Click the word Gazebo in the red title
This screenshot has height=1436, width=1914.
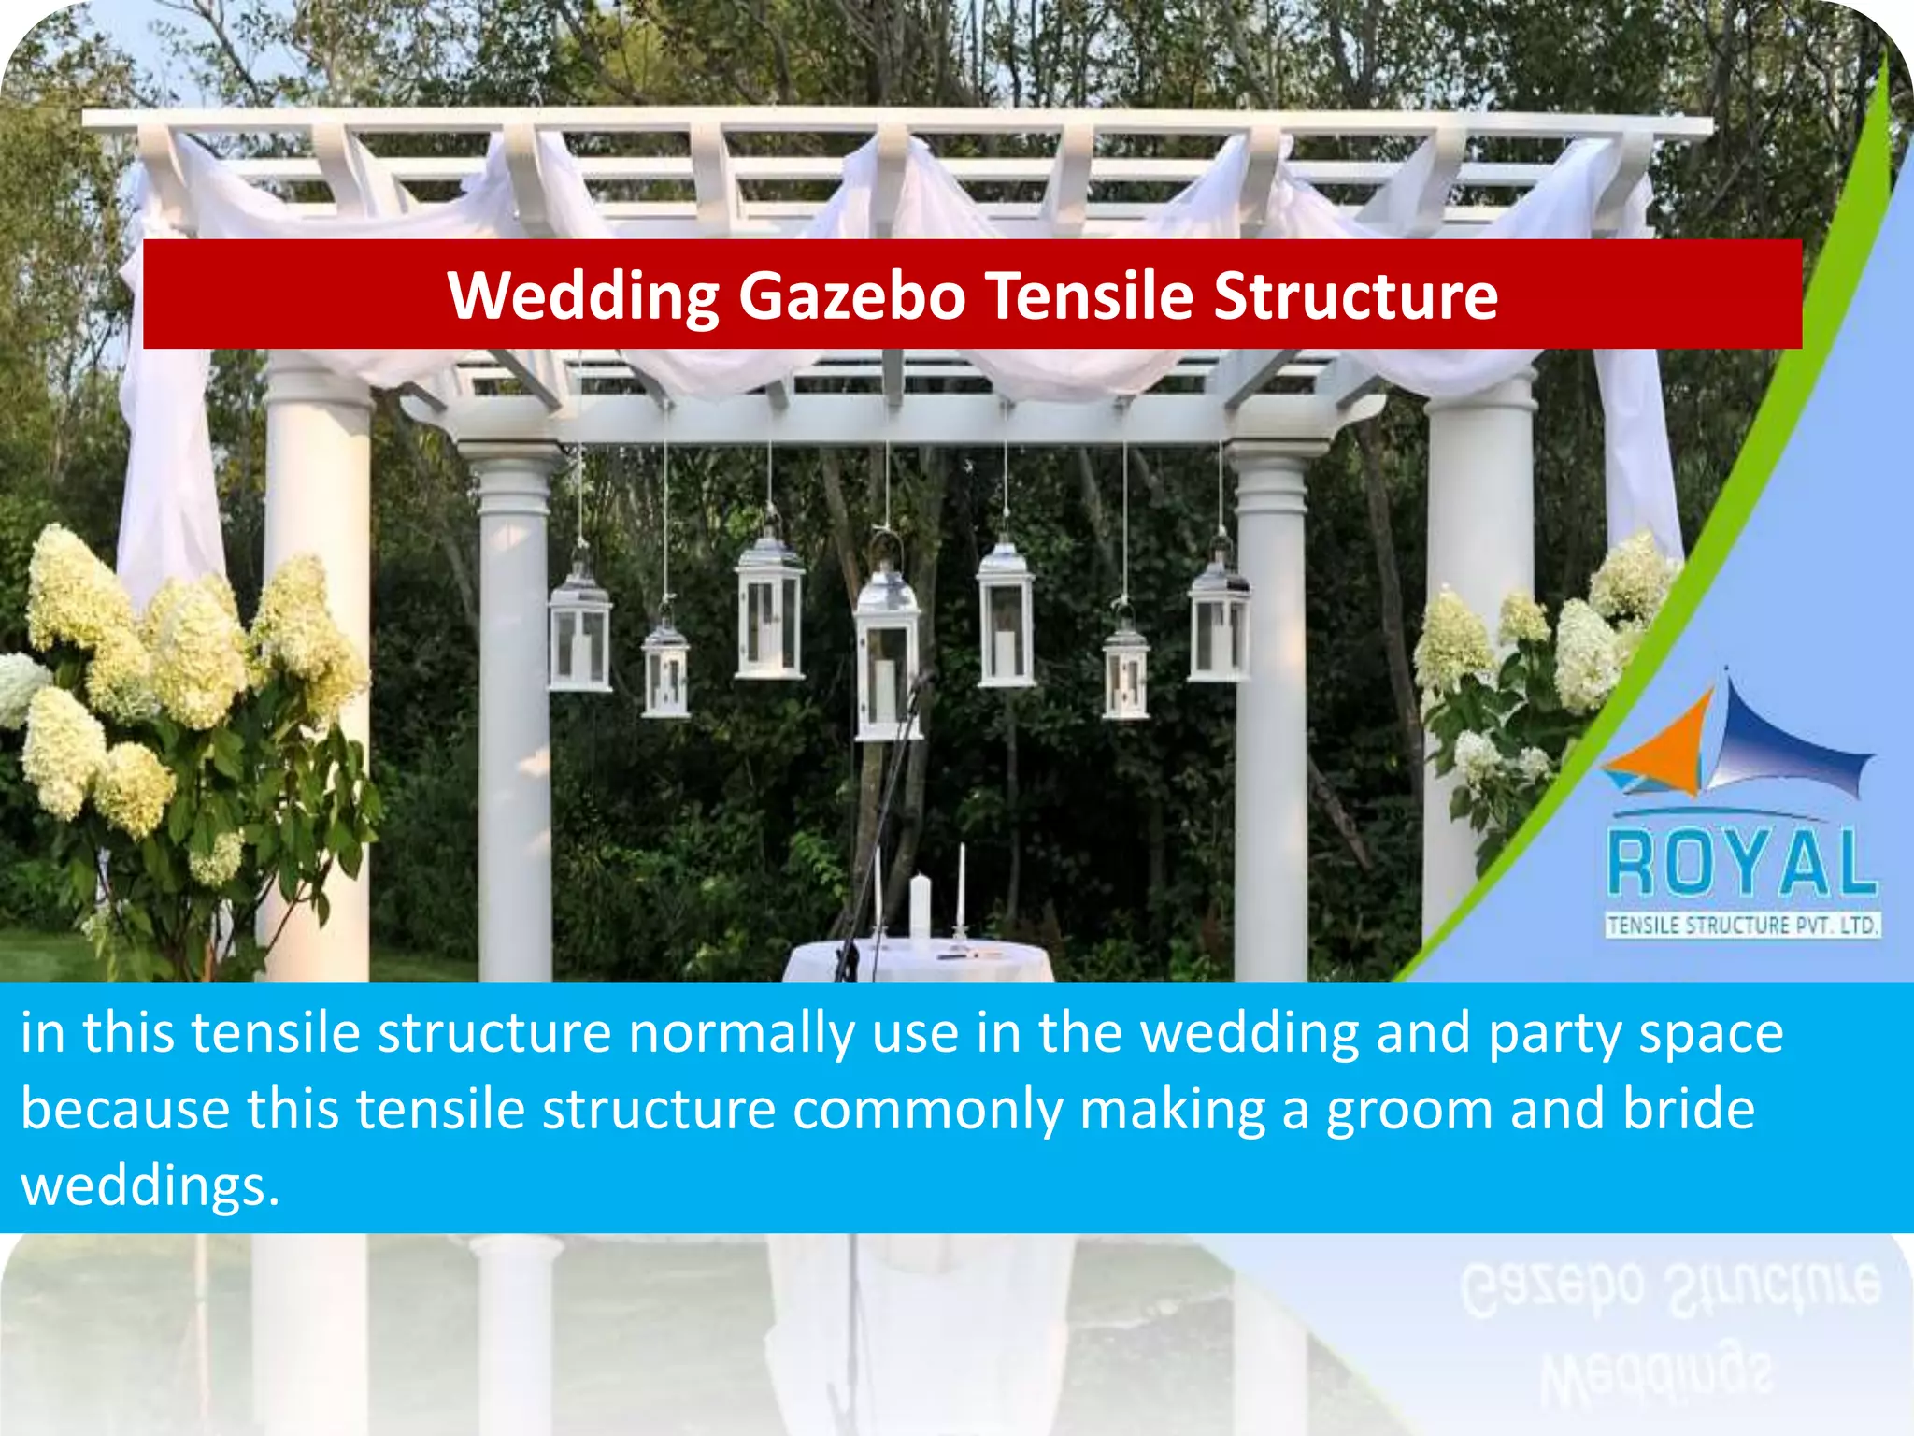(x=851, y=295)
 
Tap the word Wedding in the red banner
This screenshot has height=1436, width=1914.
(x=582, y=295)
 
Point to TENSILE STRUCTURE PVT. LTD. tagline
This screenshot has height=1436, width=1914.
(x=1742, y=926)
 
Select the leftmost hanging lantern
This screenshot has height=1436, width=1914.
(x=579, y=636)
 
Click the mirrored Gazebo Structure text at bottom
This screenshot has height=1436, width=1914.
(x=1669, y=1286)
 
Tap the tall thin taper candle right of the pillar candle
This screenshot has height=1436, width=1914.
(x=960, y=888)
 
